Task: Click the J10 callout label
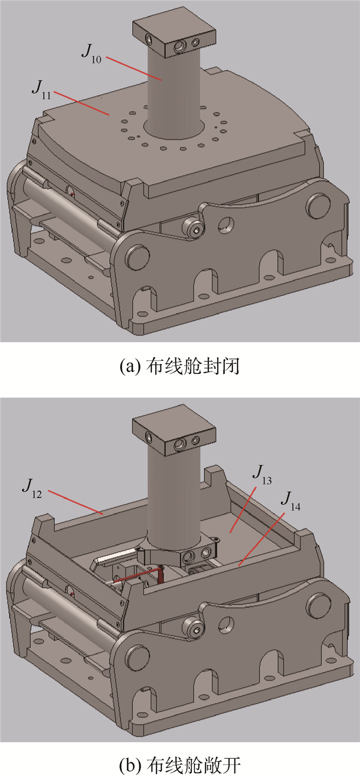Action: tap(92, 54)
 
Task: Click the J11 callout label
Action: tap(42, 90)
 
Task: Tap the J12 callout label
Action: tap(32, 488)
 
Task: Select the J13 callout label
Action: tap(262, 474)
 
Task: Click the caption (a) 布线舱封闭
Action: tap(179, 367)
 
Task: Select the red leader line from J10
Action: tap(134, 68)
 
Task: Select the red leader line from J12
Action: tap(76, 502)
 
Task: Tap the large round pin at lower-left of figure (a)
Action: tap(138, 257)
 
